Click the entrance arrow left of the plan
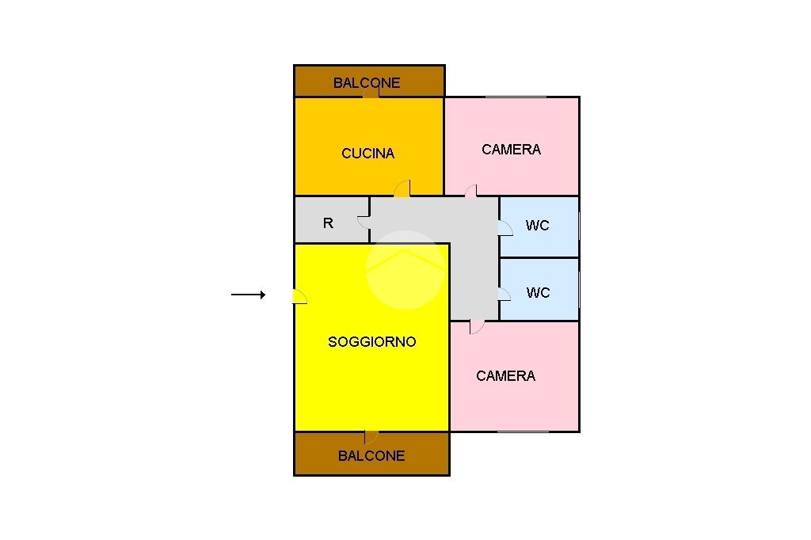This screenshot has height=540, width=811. click(x=248, y=295)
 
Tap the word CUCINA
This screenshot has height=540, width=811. click(x=368, y=154)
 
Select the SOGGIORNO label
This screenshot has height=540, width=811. click(x=372, y=342)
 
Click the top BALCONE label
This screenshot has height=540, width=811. click(x=367, y=82)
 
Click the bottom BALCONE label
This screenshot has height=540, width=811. click(x=371, y=455)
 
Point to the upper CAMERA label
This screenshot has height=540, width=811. click(x=512, y=149)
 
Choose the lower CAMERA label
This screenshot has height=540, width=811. click(x=506, y=376)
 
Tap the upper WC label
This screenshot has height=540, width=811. click(x=538, y=226)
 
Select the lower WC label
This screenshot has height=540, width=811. click(x=539, y=293)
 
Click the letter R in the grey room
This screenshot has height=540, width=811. click(x=329, y=223)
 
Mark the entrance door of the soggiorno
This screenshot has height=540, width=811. click(x=299, y=296)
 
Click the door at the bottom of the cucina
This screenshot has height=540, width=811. click(x=402, y=188)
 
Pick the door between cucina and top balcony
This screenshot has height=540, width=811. click(x=371, y=93)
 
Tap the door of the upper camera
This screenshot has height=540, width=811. click(x=471, y=190)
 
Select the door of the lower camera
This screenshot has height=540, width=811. click(x=476, y=326)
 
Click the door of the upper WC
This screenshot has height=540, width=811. click(x=504, y=228)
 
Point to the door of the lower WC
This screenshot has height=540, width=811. click(x=504, y=294)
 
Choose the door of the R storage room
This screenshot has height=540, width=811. click(x=364, y=222)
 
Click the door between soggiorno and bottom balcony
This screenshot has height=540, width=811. click(x=371, y=437)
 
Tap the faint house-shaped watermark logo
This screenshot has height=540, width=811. click(x=405, y=269)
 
